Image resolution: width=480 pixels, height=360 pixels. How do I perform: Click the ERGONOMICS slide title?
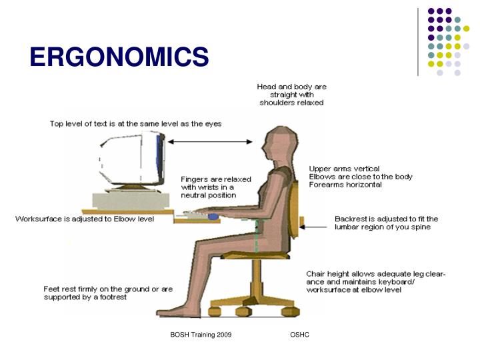click(119, 57)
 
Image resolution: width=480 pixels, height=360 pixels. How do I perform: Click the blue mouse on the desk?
click(213, 216)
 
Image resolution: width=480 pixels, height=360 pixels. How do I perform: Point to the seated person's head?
click(275, 146)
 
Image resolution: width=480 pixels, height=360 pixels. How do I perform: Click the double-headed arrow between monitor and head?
click(211, 141)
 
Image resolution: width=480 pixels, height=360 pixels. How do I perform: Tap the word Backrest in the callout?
click(350, 218)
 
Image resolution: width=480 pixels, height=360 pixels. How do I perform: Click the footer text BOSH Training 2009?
click(201, 334)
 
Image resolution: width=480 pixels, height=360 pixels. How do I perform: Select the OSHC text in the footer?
click(299, 334)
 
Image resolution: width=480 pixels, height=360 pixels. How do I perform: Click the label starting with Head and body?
click(291, 95)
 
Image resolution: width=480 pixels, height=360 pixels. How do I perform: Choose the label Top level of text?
click(135, 123)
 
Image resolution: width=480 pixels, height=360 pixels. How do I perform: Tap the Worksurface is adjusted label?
click(85, 219)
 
